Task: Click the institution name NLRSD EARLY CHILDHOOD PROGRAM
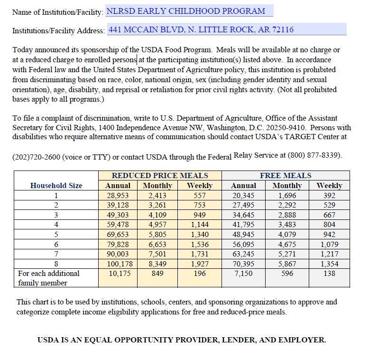tap(185, 11)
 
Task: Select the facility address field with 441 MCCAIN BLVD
tap(201, 29)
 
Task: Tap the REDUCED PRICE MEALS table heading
tap(160, 176)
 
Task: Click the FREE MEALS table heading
tap(286, 176)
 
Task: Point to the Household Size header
tap(56, 186)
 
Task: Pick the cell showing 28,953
tap(118, 196)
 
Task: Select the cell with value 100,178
tap(118, 264)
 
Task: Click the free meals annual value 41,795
tap(243, 225)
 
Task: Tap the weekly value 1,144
tap(200, 225)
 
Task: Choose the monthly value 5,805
tap(157, 235)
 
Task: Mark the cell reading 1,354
tap(329, 264)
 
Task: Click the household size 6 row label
tap(56, 244)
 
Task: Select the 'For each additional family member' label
tap(48, 278)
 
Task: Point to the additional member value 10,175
tap(118, 274)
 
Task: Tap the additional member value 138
tap(329, 274)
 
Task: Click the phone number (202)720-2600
tap(36, 157)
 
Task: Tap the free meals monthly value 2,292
tap(287, 205)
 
